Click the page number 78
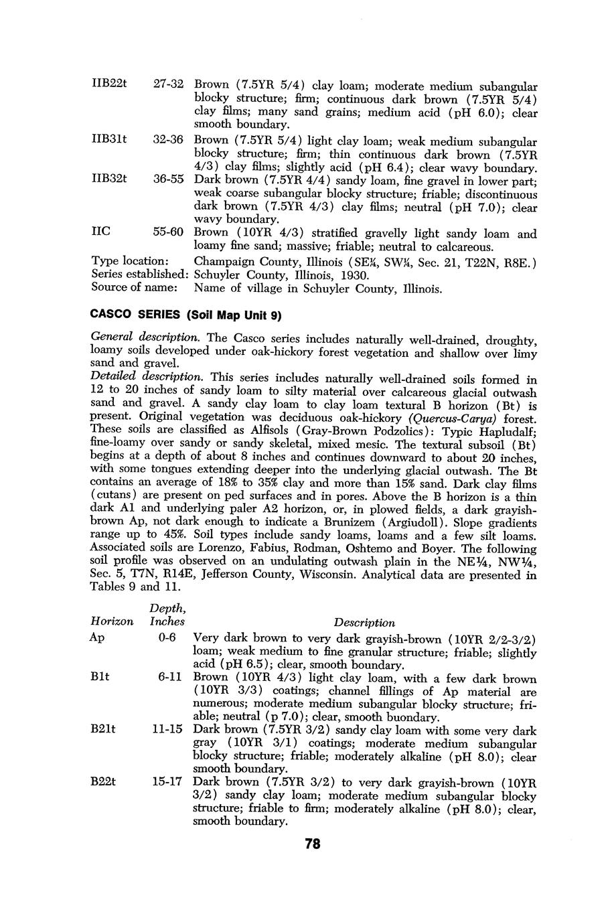(312, 844)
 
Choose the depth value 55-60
(168, 232)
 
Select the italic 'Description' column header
(364, 622)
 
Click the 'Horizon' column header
(112, 621)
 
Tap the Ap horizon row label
(97, 637)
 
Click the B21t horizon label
(102, 729)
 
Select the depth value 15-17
(167, 781)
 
